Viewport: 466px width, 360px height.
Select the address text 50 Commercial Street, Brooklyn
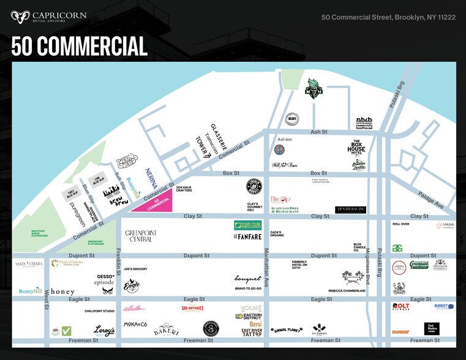click(x=388, y=17)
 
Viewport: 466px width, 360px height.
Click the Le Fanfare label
click(x=247, y=237)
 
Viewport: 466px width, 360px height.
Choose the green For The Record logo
click(x=247, y=225)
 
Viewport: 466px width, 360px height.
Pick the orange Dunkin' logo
click(x=401, y=332)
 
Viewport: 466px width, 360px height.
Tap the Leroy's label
click(x=105, y=331)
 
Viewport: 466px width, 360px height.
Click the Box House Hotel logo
click(x=356, y=148)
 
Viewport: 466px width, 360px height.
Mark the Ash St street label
click(x=318, y=132)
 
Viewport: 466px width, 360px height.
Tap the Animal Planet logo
click(x=285, y=329)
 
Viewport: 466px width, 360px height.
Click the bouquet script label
click(x=247, y=279)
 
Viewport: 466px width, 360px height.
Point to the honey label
click(x=62, y=291)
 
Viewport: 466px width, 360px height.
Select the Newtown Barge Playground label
click(x=39, y=234)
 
